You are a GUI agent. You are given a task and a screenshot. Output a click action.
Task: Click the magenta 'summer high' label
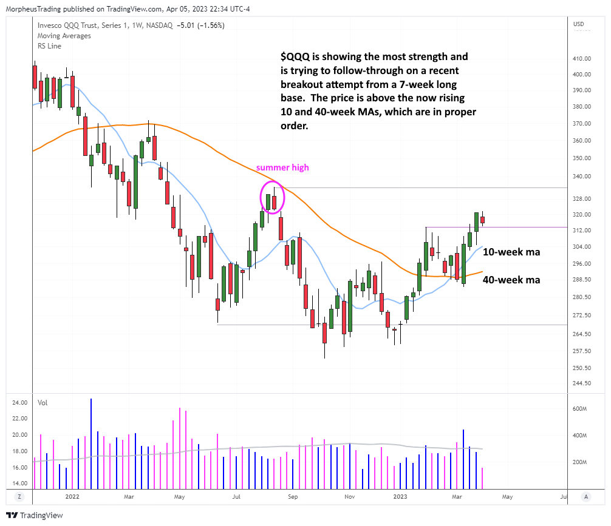click(282, 167)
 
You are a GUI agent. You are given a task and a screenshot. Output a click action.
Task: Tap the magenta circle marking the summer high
click(271, 197)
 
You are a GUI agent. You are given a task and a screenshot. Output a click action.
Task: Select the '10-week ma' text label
click(511, 252)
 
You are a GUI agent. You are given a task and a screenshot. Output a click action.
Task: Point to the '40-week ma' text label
click(511, 280)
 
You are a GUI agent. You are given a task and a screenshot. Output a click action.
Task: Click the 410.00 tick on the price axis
click(582, 59)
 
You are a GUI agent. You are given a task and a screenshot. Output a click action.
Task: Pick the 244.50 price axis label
click(582, 383)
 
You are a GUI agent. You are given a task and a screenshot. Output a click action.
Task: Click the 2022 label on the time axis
click(72, 496)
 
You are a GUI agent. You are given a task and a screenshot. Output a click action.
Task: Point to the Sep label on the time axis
click(293, 496)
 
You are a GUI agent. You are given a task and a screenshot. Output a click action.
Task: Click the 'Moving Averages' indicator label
click(64, 36)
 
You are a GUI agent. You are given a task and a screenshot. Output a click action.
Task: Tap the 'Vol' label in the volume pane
click(43, 402)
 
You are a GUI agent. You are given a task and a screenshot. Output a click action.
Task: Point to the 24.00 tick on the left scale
click(19, 402)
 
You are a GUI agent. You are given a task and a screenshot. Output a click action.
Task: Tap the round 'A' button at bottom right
click(585, 496)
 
